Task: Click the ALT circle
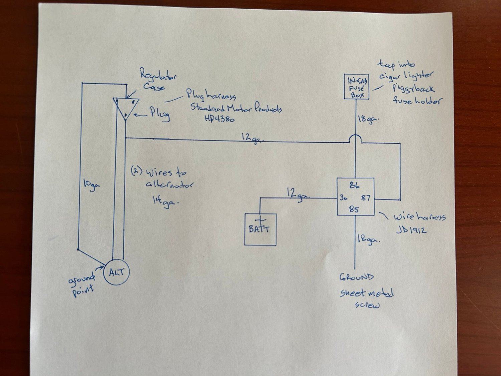point(116,272)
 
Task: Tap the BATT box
point(260,229)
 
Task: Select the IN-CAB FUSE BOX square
point(357,87)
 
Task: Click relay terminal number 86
point(354,185)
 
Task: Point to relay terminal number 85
point(354,210)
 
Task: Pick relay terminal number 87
point(366,198)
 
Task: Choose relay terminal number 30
point(344,198)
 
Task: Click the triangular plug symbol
point(125,107)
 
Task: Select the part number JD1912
point(411,230)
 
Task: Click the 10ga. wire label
point(91,184)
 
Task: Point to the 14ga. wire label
point(163,202)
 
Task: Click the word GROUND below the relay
point(356,277)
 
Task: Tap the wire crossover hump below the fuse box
point(355,138)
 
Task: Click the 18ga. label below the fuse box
point(368,119)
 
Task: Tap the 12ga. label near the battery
point(297,194)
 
